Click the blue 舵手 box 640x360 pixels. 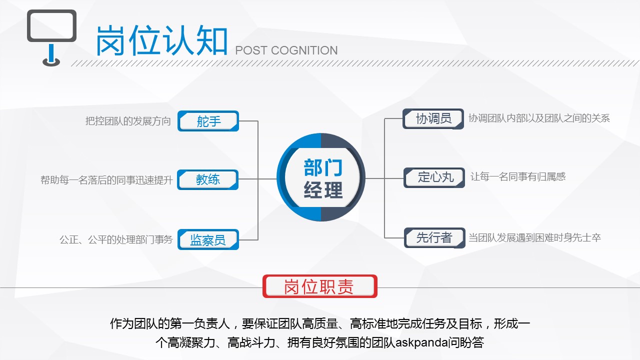pyautogui.click(x=208, y=121)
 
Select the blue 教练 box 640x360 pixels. pyautogui.click(x=207, y=179)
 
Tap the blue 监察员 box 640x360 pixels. pyautogui.click(x=208, y=239)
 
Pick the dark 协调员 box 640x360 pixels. pyautogui.click(x=433, y=118)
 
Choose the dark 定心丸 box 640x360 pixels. pyautogui.click(x=434, y=177)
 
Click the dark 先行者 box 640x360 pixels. pyautogui.click(x=434, y=237)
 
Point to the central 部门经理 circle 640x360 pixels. pyautogui.click(x=321, y=177)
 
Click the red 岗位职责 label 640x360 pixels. pyautogui.click(x=320, y=286)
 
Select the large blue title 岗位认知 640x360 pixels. pyautogui.click(x=162, y=40)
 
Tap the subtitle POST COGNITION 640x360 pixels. pyautogui.click(x=286, y=50)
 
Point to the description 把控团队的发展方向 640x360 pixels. pyautogui.click(x=128, y=121)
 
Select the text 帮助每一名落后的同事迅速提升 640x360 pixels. pyautogui.click(x=106, y=180)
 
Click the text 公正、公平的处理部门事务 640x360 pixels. pyautogui.click(x=116, y=239)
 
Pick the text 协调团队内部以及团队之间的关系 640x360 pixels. pyautogui.click(x=539, y=118)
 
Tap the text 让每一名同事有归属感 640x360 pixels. pyautogui.click(x=518, y=176)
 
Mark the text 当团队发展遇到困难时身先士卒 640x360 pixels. pyautogui.click(x=534, y=237)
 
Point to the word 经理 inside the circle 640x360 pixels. pyautogui.click(x=323, y=189)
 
